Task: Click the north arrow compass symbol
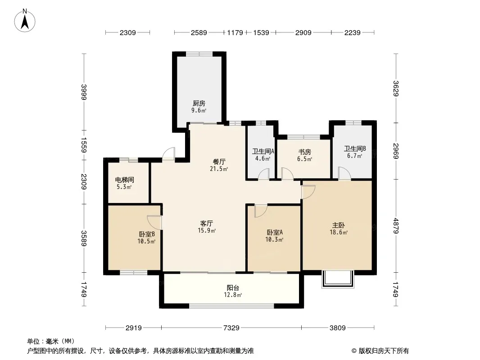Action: (25, 21)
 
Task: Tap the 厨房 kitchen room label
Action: (199, 103)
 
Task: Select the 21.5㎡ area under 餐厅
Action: (219, 169)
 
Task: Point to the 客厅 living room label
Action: (207, 224)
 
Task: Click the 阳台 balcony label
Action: (233, 288)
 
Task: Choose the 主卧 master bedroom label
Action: (339, 225)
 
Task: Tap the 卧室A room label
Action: (275, 233)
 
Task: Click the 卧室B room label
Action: (147, 234)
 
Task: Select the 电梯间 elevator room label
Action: (125, 180)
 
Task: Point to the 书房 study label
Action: (304, 152)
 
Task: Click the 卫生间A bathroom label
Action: (263, 151)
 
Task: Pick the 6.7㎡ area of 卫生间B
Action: (354, 156)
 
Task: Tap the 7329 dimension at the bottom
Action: (231, 328)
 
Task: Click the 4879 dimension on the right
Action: (396, 226)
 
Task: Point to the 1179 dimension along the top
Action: (235, 32)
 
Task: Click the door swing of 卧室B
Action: (154, 222)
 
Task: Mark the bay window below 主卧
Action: (338, 279)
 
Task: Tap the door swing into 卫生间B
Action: (344, 173)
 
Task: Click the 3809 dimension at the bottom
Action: (338, 328)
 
